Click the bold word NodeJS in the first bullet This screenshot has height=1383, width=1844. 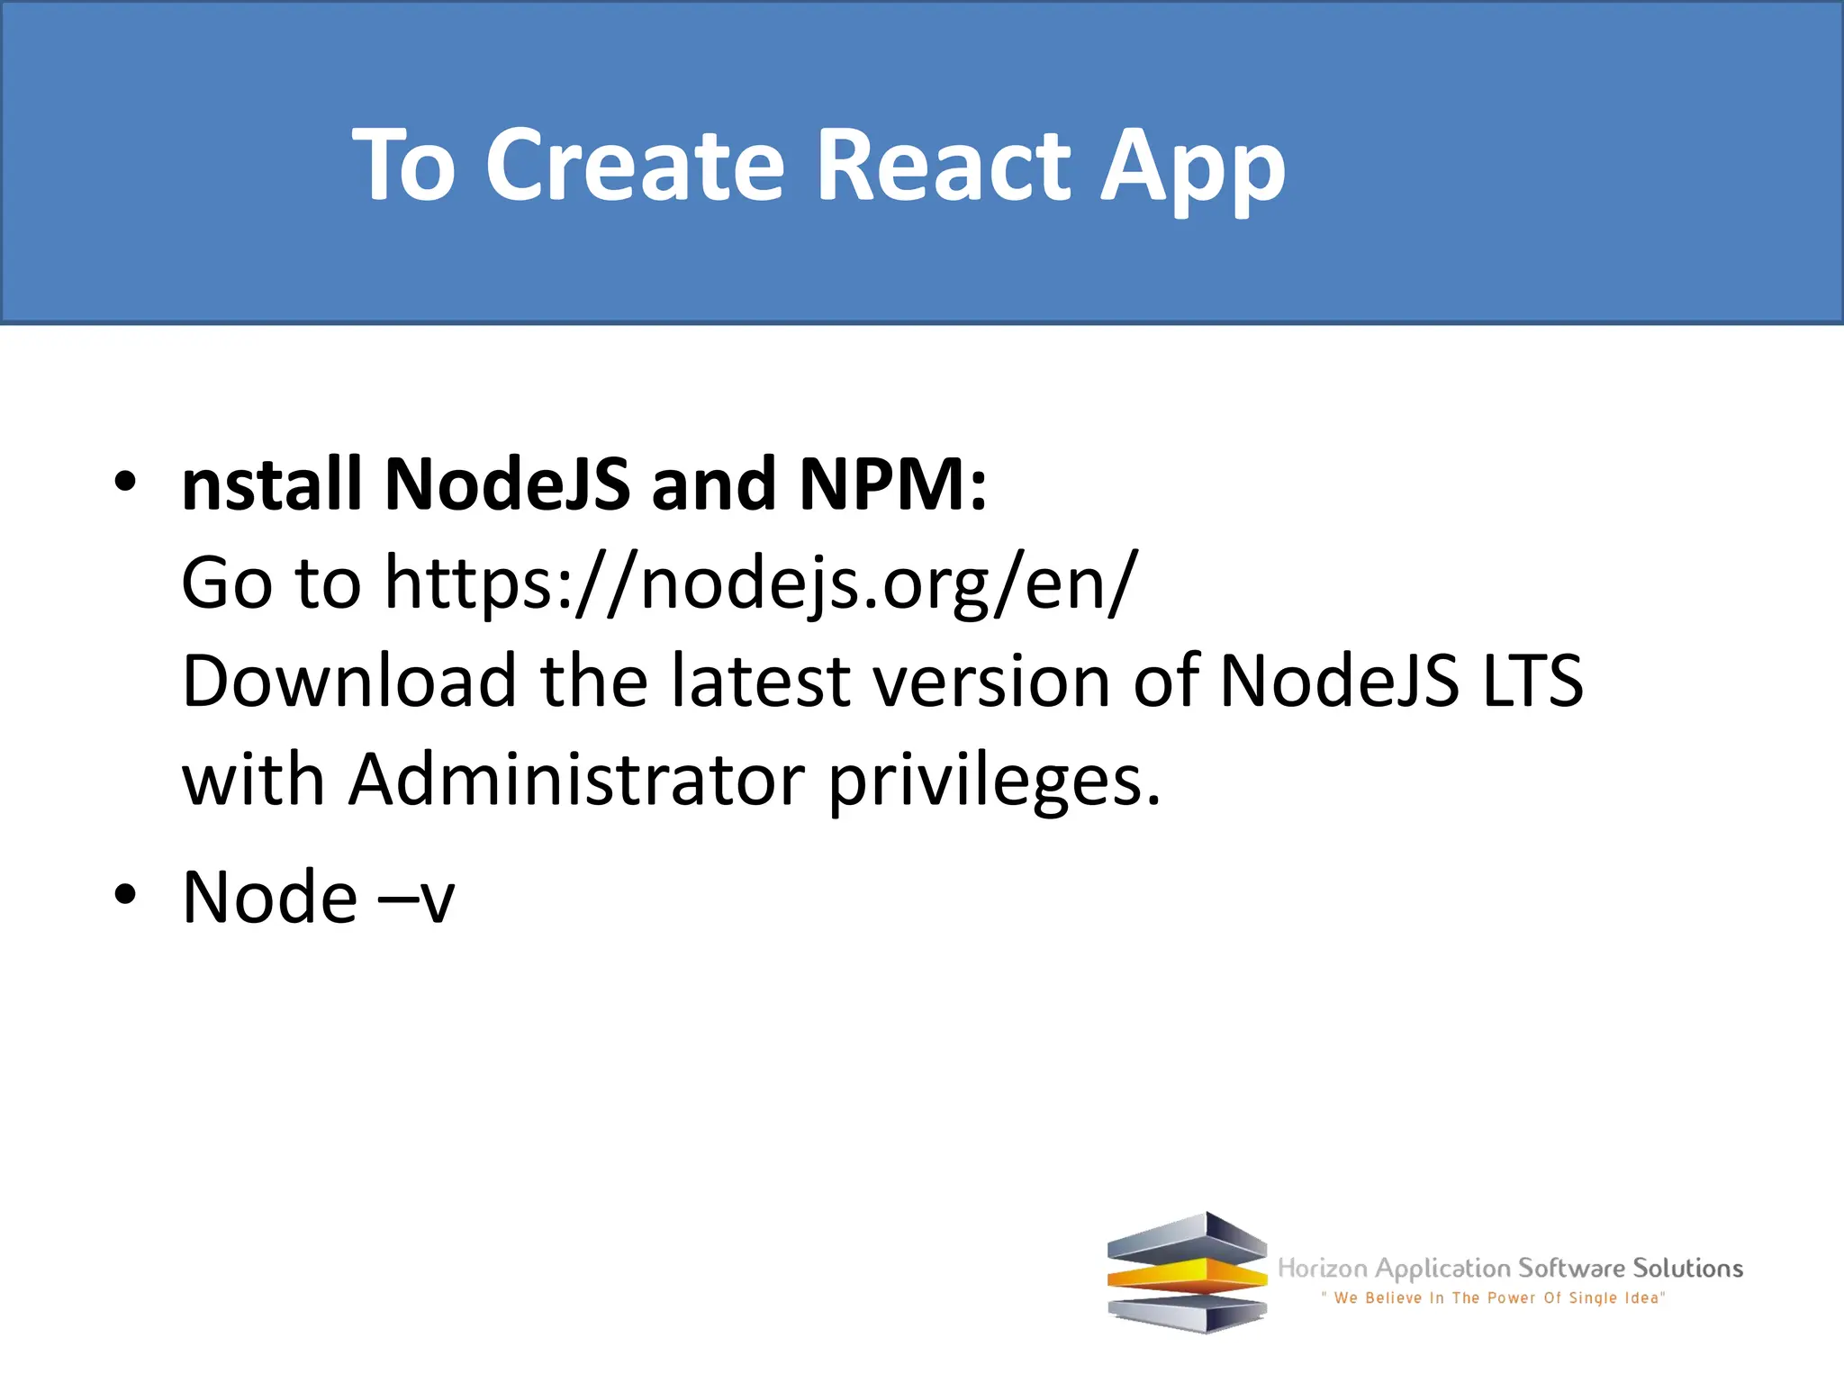(x=507, y=484)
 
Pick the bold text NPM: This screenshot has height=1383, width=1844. (x=893, y=484)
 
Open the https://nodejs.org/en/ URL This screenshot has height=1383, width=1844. (x=761, y=583)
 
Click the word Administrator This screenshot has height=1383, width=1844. (x=577, y=779)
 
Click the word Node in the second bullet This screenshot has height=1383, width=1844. (x=270, y=897)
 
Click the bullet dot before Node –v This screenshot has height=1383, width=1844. (x=125, y=895)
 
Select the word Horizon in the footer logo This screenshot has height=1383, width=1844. (x=1323, y=1269)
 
